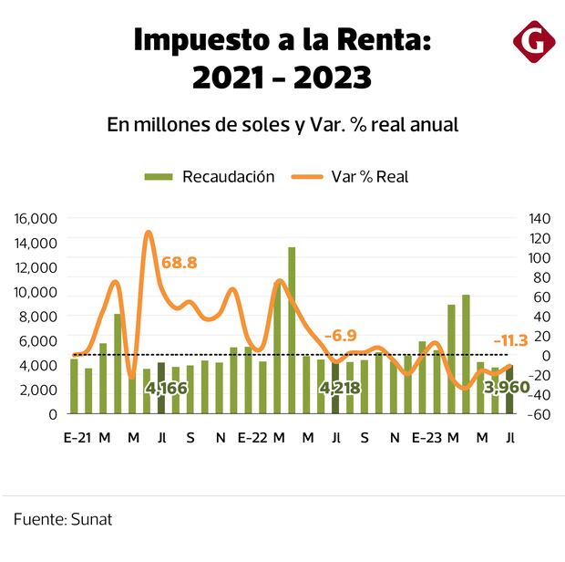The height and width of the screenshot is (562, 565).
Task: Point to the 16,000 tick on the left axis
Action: pos(36,218)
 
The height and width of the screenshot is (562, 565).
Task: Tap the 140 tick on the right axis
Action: pos(539,218)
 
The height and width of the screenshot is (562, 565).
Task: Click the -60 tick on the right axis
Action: pos(539,414)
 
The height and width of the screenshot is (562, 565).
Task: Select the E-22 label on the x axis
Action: pos(252,438)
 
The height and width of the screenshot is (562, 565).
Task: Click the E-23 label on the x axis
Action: pos(426,438)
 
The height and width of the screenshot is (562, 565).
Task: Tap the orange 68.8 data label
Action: pos(179,263)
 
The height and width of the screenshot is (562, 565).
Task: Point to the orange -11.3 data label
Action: pos(510,340)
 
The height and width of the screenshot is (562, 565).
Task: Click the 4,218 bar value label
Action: pos(339,389)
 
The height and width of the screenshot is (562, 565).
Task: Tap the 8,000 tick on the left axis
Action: pos(38,317)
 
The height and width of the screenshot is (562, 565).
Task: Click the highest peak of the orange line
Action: pos(149,233)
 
